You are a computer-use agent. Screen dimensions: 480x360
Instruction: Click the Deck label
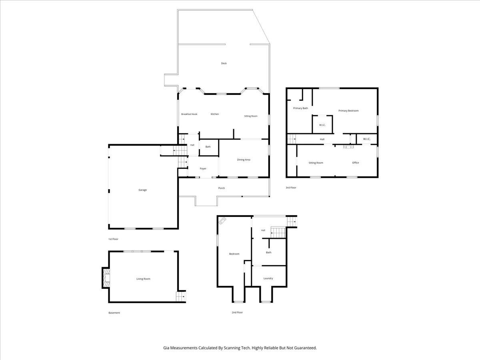pyautogui.click(x=224, y=63)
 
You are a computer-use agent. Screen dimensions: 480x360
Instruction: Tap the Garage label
pyautogui.click(x=142, y=190)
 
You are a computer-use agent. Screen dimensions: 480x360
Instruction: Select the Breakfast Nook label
pyautogui.click(x=189, y=114)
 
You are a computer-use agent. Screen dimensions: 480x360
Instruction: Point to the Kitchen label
pyautogui.click(x=215, y=114)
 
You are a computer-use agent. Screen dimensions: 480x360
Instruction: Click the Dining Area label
pyautogui.click(x=244, y=160)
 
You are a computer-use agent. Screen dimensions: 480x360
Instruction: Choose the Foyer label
pyautogui.click(x=203, y=169)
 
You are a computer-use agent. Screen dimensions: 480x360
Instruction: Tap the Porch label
pyautogui.click(x=222, y=188)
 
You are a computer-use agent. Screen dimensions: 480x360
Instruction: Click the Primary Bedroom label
pyautogui.click(x=348, y=111)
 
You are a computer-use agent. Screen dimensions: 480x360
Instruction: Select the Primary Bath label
pyautogui.click(x=300, y=108)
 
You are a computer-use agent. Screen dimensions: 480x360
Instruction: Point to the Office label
pyautogui.click(x=356, y=163)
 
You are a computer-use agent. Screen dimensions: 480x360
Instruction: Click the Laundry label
pyautogui.click(x=268, y=278)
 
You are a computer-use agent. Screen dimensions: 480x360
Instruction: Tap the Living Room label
pyautogui.click(x=143, y=279)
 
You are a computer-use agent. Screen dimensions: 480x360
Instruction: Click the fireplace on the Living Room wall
pyautogui.click(x=106, y=278)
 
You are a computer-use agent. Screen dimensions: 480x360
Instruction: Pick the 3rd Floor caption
pyautogui.click(x=291, y=188)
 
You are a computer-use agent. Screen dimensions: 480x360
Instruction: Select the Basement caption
pyautogui.click(x=114, y=313)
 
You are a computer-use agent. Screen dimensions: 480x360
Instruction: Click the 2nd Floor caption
pyautogui.click(x=237, y=312)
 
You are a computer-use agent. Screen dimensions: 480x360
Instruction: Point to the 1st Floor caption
pyautogui.click(x=113, y=239)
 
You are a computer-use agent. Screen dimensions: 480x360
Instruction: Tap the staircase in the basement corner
pyautogui.click(x=181, y=297)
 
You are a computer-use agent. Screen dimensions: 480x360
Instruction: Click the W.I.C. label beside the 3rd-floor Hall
pyautogui.click(x=366, y=139)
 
